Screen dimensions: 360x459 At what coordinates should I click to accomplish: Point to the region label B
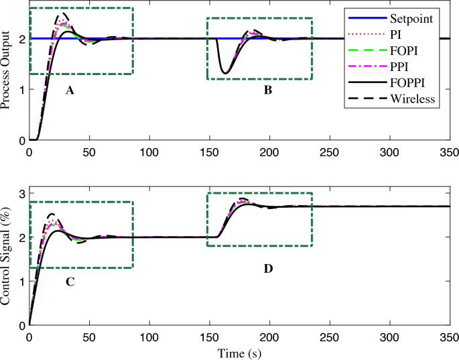coord(267,90)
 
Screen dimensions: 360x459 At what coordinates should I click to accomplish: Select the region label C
coord(69,282)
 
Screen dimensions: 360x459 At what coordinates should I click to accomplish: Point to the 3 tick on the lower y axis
coord(21,194)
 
